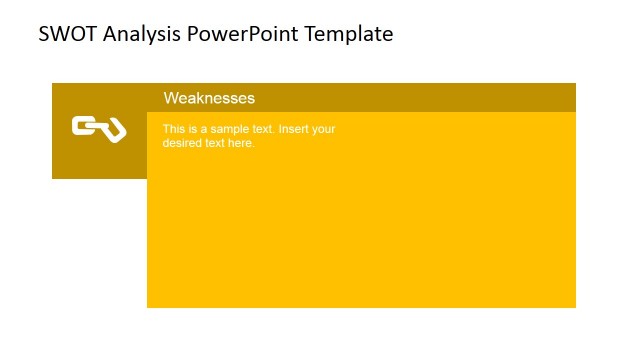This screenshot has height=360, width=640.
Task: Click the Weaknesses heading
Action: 209,98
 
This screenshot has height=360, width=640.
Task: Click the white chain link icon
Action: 98,128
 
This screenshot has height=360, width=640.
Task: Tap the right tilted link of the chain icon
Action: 112,131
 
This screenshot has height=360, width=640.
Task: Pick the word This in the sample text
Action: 174,129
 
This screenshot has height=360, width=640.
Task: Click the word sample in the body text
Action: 225,129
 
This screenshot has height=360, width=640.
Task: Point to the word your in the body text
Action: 324,129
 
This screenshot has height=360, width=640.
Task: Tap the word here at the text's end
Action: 241,143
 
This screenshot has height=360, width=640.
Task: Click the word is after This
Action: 192,129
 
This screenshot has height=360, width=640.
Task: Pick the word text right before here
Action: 215,143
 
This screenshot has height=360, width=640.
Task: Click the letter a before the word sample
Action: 203,129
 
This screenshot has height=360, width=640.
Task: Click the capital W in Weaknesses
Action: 171,98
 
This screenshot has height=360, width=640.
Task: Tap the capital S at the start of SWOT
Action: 44,34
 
